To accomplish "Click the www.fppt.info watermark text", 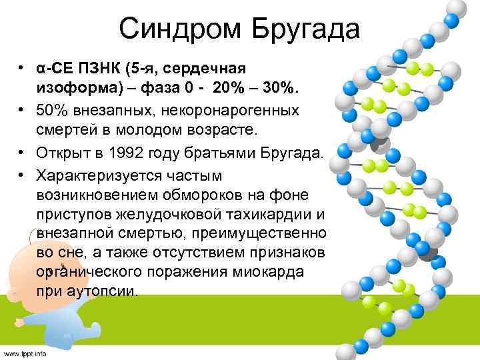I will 25,353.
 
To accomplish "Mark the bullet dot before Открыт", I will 22,153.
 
